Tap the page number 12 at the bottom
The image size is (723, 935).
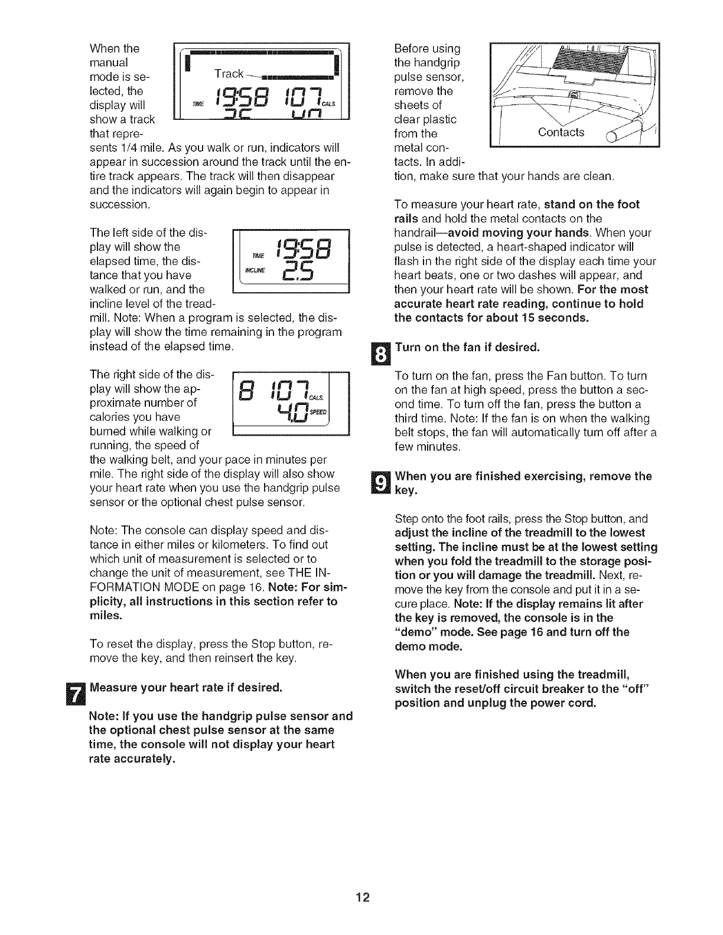[361, 898]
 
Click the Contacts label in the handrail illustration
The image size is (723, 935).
[561, 132]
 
